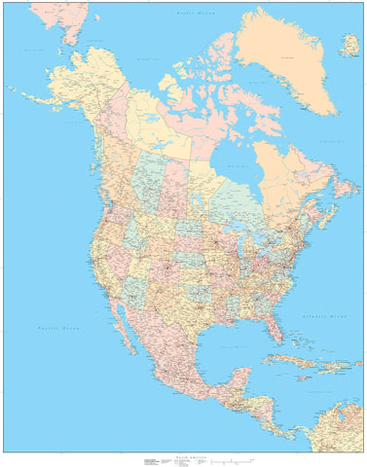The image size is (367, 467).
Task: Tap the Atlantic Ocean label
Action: (324, 317)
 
